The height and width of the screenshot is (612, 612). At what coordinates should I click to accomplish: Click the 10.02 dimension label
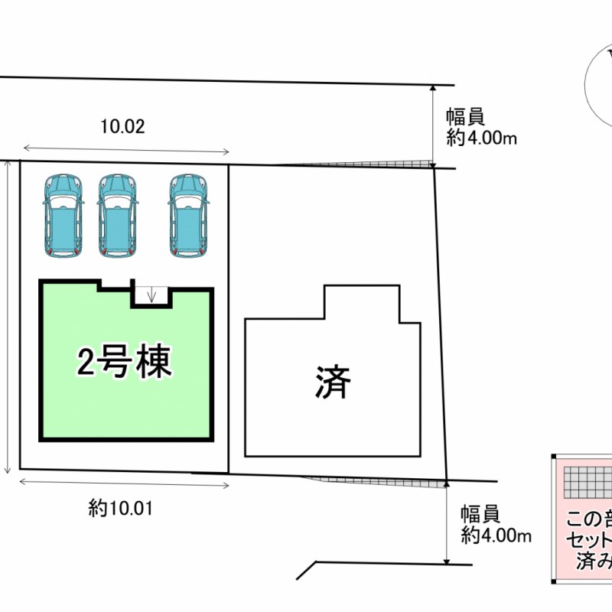(122, 126)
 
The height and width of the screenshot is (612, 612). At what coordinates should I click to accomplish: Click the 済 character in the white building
(333, 382)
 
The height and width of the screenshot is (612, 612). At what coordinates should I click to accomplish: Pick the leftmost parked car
(63, 216)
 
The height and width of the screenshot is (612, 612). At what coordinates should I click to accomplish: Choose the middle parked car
(118, 216)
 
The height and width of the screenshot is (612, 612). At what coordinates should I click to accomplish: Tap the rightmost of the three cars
(188, 216)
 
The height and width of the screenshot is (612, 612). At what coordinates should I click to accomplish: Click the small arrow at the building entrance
(151, 294)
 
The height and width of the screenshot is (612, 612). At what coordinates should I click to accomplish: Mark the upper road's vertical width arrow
(433, 125)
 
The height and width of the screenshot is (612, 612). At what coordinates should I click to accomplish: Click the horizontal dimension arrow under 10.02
(126, 150)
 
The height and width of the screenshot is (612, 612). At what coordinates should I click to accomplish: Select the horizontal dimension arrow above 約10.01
(124, 482)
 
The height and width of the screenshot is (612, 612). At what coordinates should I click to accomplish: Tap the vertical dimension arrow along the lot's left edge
(8, 317)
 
